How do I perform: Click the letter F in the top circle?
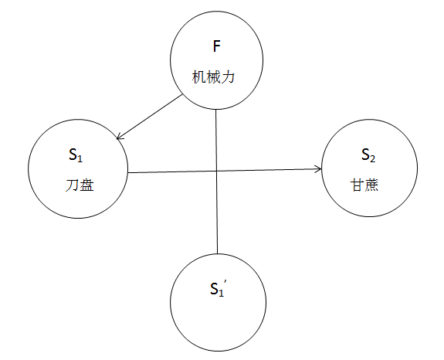(x=217, y=46)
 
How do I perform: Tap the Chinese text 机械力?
(x=213, y=77)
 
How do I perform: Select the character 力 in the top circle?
(x=228, y=77)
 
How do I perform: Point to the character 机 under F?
(x=198, y=77)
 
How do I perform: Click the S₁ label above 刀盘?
(x=76, y=155)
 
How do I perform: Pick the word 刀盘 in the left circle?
(x=80, y=185)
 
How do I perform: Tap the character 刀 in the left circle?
(x=73, y=185)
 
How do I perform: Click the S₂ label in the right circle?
(x=368, y=155)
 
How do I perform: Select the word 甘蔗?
(x=364, y=185)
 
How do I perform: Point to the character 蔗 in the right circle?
(x=371, y=185)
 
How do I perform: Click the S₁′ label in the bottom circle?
(x=219, y=288)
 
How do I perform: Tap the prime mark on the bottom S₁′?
(x=225, y=282)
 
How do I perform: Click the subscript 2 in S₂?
(x=373, y=159)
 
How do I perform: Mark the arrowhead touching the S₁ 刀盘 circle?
(x=120, y=137)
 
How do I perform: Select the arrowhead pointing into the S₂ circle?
(x=319, y=169)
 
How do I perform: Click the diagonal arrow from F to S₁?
(x=149, y=117)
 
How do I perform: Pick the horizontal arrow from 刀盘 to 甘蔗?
(x=225, y=171)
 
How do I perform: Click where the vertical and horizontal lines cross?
(x=217, y=171)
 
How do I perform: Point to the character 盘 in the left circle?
(x=87, y=185)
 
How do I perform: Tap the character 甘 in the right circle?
(x=358, y=185)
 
